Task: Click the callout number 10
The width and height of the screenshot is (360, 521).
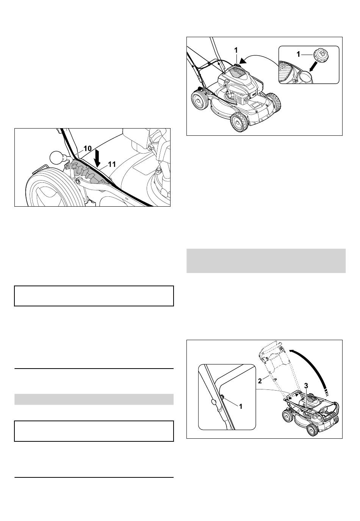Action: pos(88,148)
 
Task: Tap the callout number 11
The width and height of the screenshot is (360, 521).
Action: pos(112,165)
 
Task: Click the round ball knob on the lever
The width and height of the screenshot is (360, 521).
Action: pos(56,157)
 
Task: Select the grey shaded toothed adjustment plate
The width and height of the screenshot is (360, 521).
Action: pos(89,171)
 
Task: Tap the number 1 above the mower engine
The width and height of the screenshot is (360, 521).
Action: pos(236,50)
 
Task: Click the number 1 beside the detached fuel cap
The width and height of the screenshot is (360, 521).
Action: pos(298,54)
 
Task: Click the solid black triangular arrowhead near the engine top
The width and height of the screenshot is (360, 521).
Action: pos(243,61)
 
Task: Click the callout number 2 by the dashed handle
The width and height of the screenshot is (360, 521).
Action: pos(260,381)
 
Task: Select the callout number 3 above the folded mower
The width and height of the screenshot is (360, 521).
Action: pos(306,386)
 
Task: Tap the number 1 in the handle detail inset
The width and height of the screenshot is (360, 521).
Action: pos(241,406)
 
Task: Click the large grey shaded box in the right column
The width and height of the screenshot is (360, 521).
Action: pos(266,261)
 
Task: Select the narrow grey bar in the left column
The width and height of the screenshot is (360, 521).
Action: pos(94,399)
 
